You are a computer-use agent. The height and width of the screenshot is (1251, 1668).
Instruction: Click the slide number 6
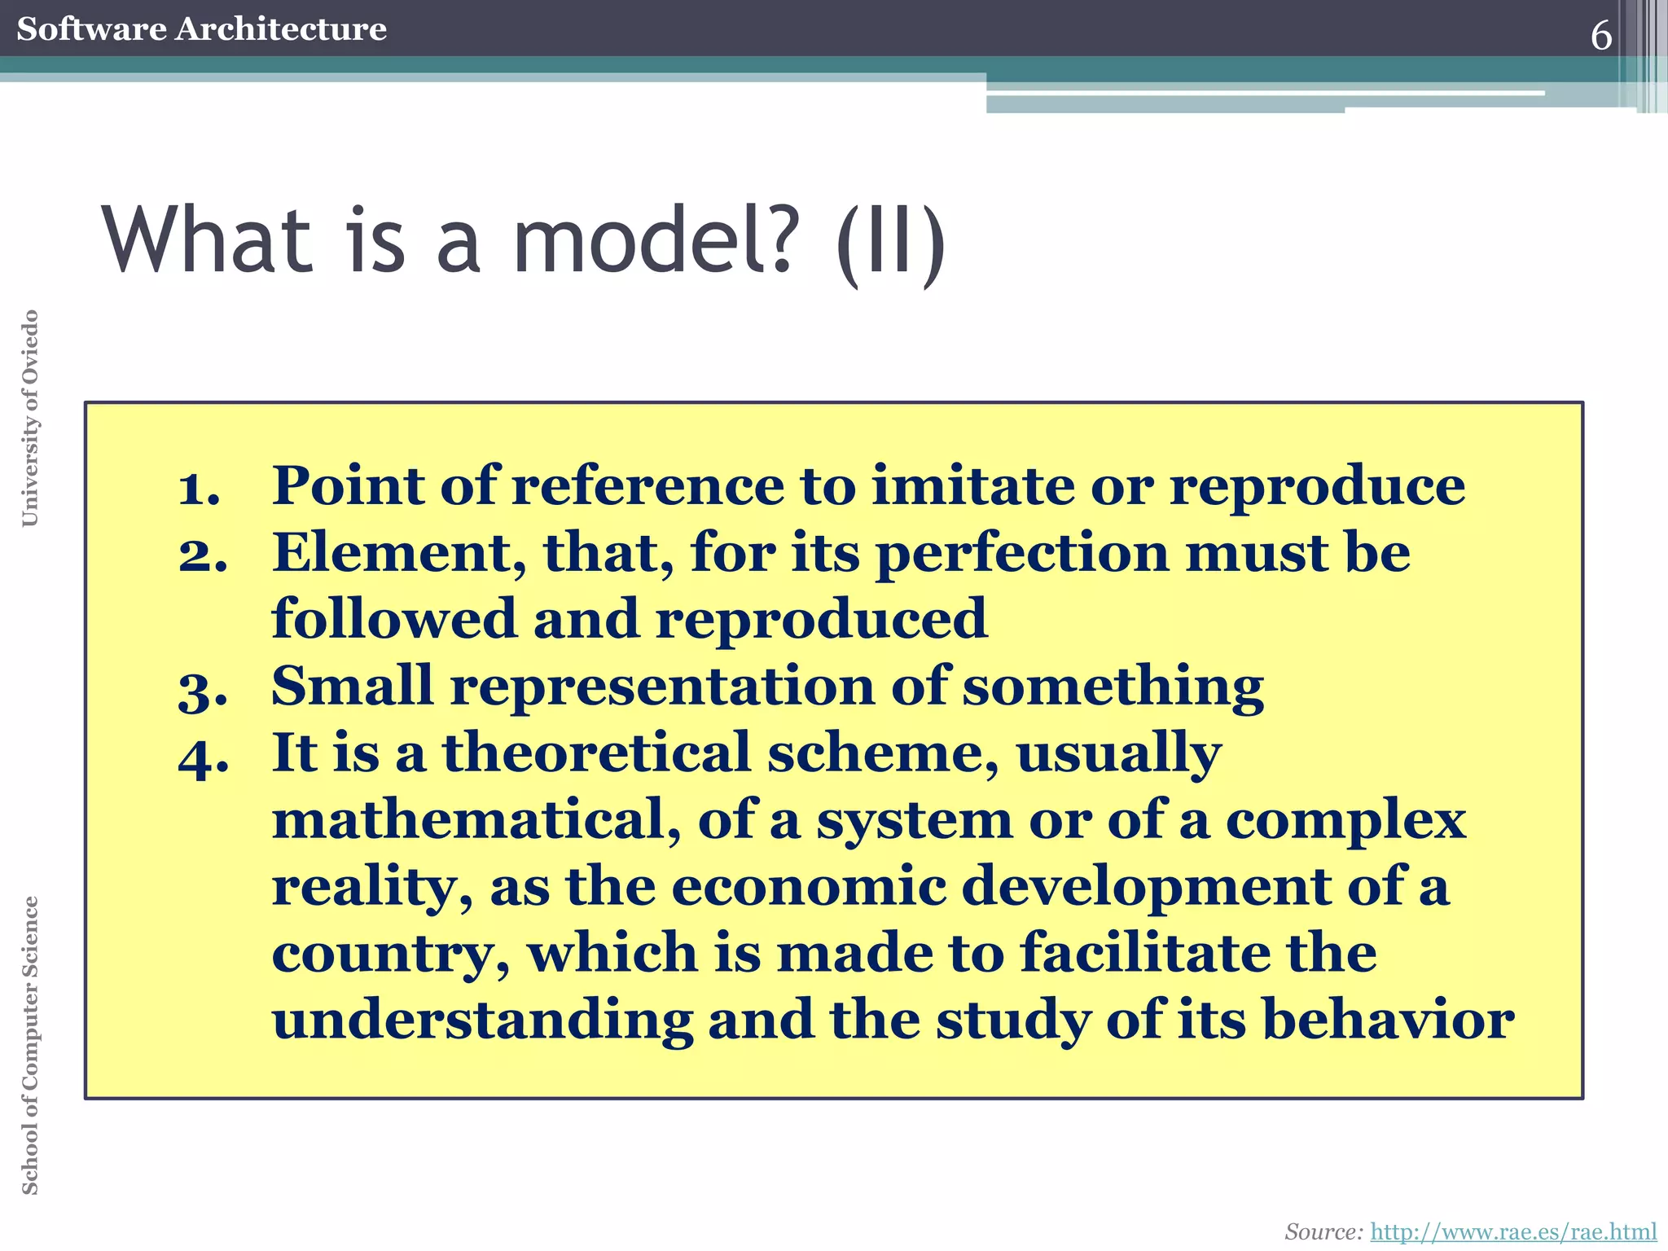1600,36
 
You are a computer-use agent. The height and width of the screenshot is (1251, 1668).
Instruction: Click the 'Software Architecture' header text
201,29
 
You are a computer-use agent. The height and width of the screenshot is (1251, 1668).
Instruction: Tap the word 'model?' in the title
652,241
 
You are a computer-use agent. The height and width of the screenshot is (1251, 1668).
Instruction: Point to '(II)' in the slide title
891,243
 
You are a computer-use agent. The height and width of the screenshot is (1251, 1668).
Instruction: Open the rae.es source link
1513,1231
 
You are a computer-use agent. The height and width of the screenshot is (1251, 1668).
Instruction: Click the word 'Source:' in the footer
1323,1231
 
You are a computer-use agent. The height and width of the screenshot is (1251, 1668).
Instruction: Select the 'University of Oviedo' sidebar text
30,418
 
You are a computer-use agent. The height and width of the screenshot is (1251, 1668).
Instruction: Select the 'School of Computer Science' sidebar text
30,1045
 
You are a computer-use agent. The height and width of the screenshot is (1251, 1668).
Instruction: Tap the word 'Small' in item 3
352,686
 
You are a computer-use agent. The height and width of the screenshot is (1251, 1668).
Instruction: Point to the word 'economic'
809,886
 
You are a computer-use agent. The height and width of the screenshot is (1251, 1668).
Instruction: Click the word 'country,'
391,955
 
